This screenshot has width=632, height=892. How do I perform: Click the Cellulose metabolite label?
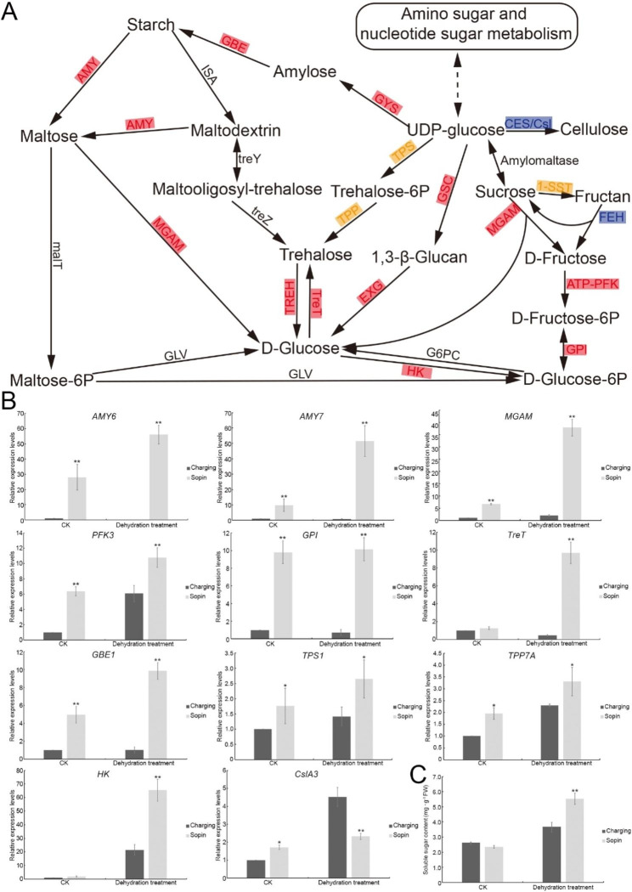coord(594,129)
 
